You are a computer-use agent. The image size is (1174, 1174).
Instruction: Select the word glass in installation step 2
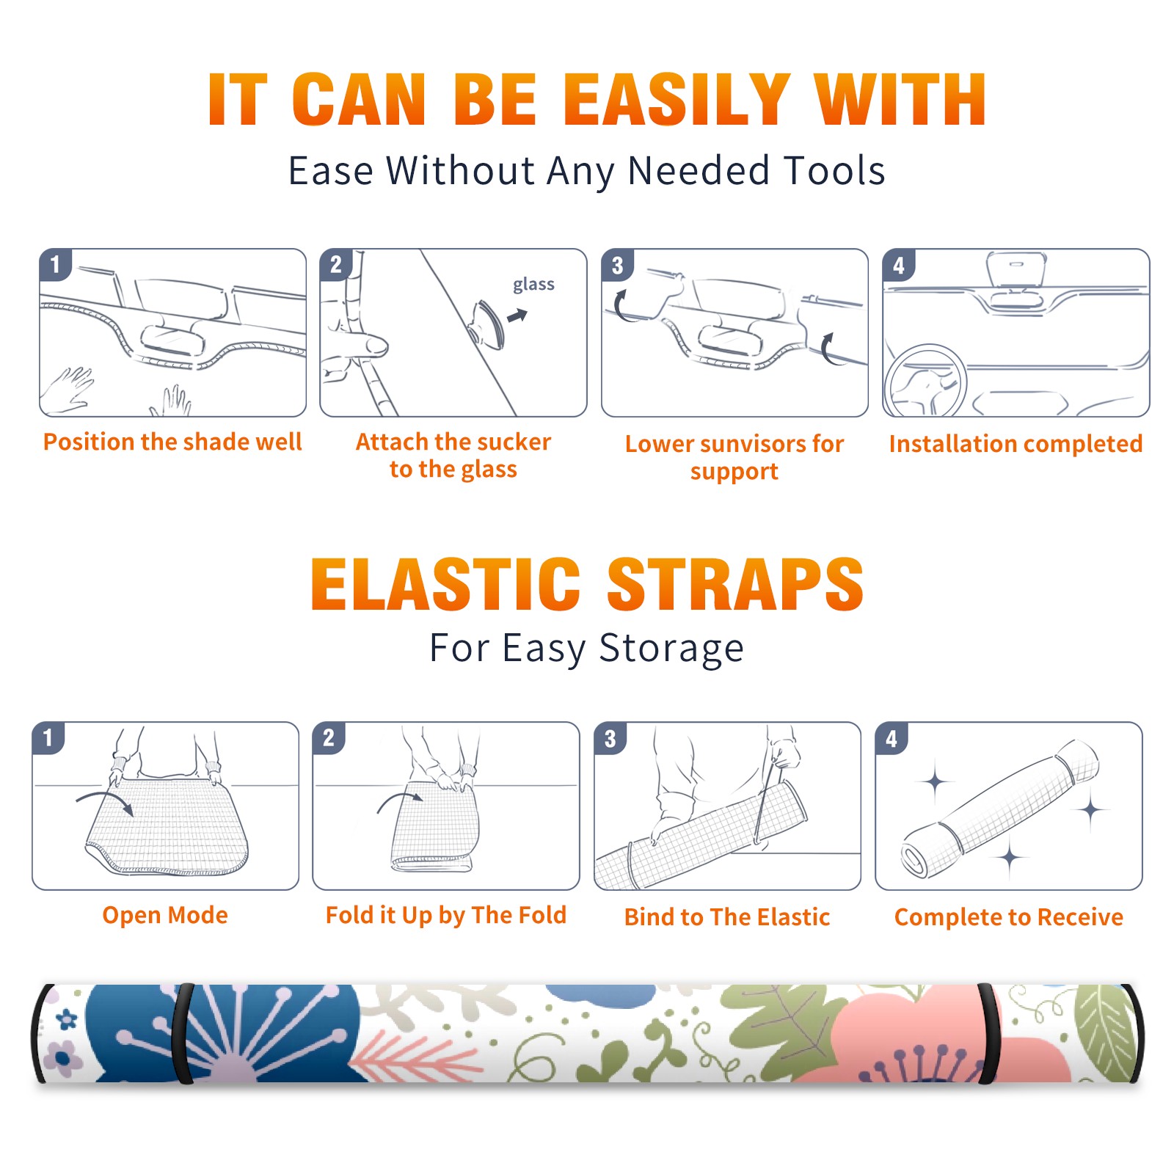533,285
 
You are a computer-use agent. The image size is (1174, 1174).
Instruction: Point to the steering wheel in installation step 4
925,381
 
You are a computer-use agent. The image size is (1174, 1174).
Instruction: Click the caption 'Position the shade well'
172,442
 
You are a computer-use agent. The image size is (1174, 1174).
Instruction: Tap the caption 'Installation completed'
1016,444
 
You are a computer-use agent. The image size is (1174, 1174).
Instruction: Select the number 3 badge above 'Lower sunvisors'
618,265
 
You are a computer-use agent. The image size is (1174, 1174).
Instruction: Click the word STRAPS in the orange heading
735,584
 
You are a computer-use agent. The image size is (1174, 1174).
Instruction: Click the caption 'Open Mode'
165,915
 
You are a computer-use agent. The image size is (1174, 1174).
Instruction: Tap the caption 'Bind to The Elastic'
726,917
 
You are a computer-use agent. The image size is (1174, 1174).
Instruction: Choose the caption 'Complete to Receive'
1009,917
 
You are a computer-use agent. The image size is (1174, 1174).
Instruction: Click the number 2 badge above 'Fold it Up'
329,737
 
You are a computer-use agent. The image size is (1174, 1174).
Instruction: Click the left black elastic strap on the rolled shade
183,1033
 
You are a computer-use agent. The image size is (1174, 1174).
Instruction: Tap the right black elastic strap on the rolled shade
988,1033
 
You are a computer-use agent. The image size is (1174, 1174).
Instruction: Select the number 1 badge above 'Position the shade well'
55,265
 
